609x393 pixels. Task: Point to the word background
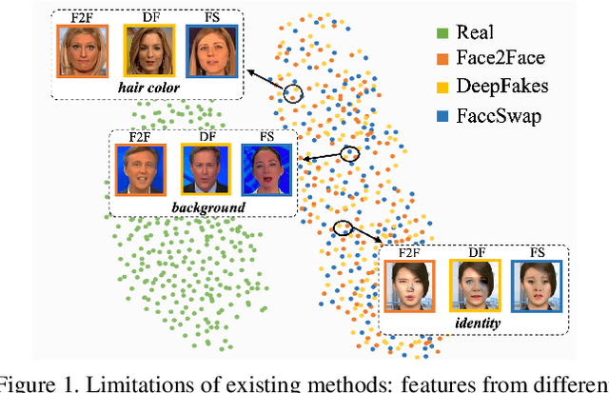(203, 206)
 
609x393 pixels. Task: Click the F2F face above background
(140, 169)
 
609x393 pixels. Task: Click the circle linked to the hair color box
(292, 93)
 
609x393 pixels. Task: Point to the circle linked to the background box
(349, 153)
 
